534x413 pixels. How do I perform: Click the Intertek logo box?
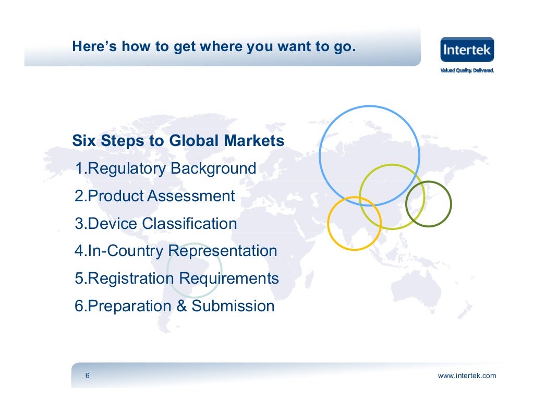coord(467,50)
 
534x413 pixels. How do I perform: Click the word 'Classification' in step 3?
coord(189,224)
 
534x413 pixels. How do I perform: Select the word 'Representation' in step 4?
coord(223,251)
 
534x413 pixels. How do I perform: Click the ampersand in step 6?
coord(181,306)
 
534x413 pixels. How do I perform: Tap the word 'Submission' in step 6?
coord(233,306)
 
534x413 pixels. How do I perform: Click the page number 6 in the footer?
coord(87,376)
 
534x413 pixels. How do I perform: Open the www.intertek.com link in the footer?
coord(467,376)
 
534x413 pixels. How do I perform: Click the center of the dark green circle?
coord(428,204)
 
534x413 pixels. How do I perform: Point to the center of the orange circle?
coord(355,223)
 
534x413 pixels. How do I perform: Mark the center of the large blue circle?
coord(369,156)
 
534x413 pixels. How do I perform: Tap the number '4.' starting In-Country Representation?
coord(80,251)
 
